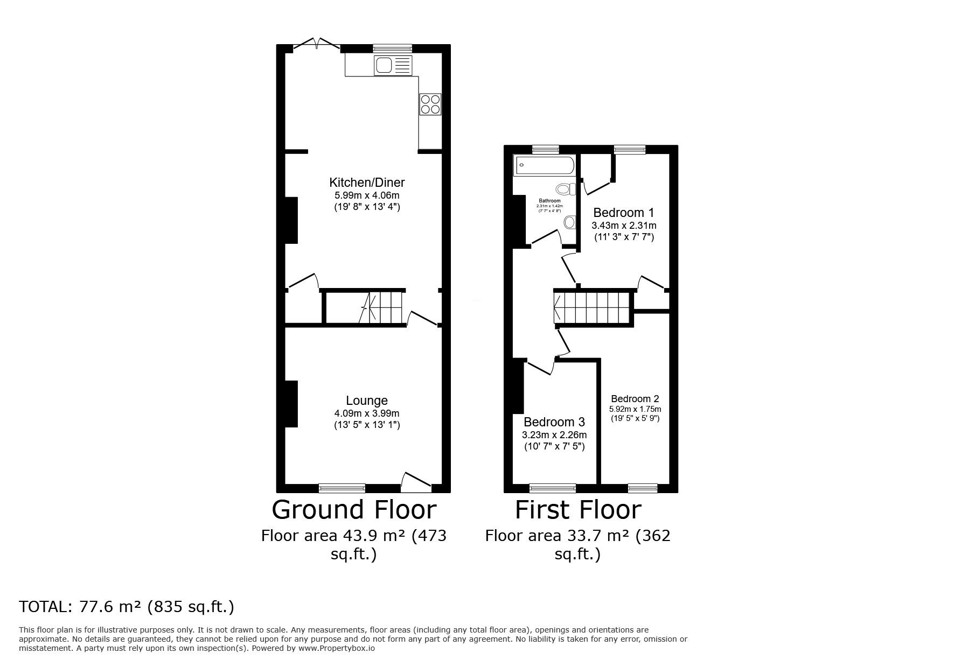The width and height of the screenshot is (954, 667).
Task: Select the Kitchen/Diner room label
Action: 367,182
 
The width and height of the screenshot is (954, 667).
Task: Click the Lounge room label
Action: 366,401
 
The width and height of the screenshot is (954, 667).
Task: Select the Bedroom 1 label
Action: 623,212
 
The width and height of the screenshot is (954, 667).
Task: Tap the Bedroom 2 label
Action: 635,399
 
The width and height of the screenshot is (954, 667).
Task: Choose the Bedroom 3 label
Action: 554,422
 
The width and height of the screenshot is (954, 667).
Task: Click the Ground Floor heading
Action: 354,509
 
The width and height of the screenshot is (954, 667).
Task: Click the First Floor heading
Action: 578,509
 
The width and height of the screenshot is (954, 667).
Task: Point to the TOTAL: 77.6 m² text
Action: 127,607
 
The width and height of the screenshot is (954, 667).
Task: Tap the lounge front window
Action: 342,488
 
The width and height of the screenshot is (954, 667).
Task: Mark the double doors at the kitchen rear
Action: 317,44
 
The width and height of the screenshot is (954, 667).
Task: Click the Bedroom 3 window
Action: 552,488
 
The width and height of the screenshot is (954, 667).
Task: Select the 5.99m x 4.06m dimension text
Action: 366,195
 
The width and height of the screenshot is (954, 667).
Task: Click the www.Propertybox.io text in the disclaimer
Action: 336,648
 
